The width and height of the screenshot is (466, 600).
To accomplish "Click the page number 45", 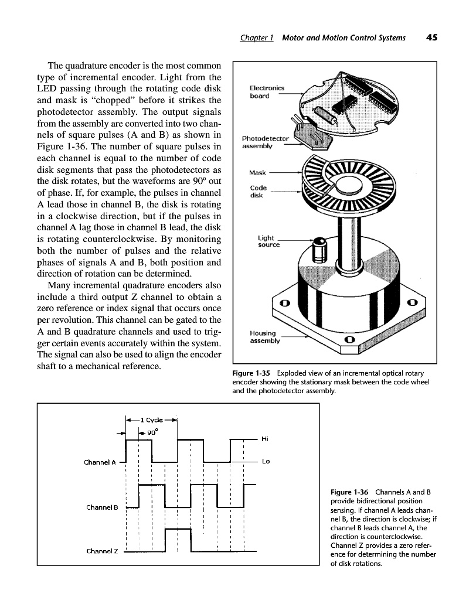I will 432,37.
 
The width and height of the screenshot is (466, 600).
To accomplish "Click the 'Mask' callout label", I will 258,173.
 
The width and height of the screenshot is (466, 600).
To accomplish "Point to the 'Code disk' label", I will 258,192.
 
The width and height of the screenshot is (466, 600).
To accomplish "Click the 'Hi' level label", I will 265,439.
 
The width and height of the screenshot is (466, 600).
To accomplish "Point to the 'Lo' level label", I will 265,462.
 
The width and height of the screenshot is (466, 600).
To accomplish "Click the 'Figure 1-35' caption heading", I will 249,373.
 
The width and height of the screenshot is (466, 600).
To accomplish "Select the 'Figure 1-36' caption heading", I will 350,491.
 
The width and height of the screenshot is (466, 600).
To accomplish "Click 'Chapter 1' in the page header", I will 257,37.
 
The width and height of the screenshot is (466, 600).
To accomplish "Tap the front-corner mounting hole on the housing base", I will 349,339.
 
